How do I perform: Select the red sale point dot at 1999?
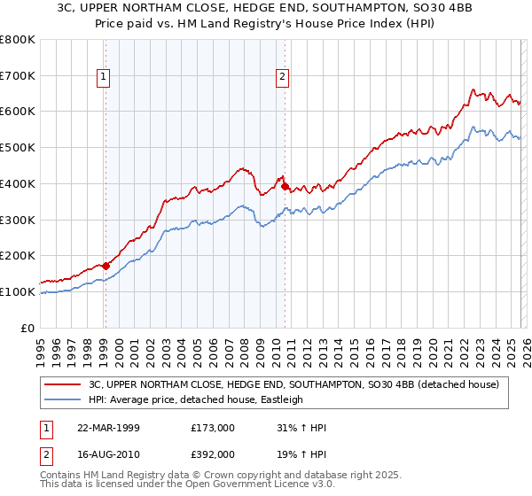pos(106,265)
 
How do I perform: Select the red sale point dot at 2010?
pos(285,186)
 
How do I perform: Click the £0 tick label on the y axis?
pos(28,328)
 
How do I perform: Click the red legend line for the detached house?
pos(65,384)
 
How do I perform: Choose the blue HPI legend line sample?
pos(65,399)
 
